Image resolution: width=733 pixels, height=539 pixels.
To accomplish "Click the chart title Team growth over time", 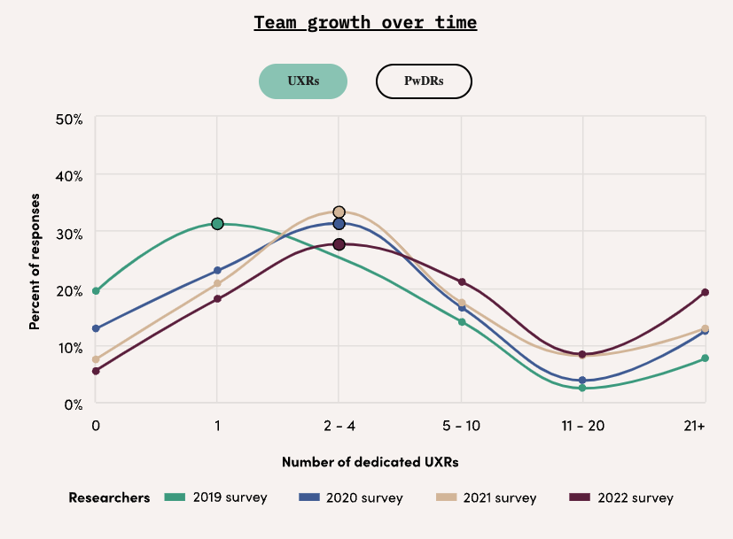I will tap(365, 22).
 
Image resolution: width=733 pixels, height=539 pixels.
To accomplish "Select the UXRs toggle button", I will tap(303, 81).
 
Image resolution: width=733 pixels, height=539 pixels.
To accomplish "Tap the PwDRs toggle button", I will tap(424, 81).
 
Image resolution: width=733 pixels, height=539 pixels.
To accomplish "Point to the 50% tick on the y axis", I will tap(70, 119).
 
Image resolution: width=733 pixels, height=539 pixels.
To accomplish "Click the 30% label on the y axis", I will tap(70, 233).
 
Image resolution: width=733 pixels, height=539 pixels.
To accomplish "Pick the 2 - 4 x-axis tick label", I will tap(339, 426).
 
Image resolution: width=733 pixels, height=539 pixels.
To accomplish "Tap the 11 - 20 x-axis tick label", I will tap(582, 426).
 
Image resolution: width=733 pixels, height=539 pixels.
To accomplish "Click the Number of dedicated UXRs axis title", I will tap(370, 462).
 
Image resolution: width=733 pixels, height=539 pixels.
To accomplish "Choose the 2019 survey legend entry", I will tap(216, 497).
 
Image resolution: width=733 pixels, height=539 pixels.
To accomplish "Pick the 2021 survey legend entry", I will tap(487, 497).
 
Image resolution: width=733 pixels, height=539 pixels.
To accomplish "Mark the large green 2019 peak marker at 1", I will tap(217, 224).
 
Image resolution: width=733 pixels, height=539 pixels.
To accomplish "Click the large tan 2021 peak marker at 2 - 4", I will tap(339, 212).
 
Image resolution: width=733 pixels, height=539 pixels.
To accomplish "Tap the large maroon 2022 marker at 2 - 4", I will tap(339, 244).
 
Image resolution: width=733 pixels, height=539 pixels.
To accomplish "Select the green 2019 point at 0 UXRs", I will tap(96, 290).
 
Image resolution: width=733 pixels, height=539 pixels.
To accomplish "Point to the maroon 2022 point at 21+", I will tap(706, 292).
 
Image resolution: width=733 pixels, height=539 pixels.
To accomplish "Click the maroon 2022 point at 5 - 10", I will tap(462, 282).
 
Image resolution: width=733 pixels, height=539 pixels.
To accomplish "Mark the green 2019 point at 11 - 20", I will tap(582, 388).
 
